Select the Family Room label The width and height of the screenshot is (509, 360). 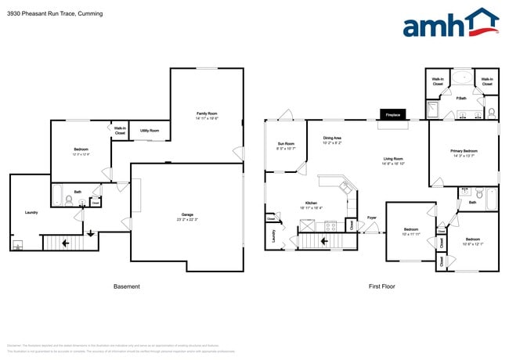click(x=207, y=114)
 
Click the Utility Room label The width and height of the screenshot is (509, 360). click(x=150, y=130)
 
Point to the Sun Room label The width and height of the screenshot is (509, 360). click(x=286, y=144)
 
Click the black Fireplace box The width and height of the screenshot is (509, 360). click(x=392, y=115)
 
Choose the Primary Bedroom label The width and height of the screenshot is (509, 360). click(x=464, y=150)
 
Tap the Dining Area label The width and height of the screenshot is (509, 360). click(x=332, y=139)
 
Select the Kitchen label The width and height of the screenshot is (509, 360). click(x=311, y=203)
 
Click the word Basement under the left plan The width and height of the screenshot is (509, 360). click(x=127, y=286)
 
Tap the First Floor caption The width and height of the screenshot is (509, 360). click(x=381, y=286)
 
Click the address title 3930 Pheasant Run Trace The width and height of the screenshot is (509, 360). click(x=47, y=14)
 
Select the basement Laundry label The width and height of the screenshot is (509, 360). click(x=31, y=212)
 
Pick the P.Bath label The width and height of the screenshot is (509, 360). click(x=462, y=98)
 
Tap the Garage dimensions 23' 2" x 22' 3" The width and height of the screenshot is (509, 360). click(x=187, y=219)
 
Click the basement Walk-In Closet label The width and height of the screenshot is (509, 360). click(x=120, y=131)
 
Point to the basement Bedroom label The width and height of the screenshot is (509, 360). click(x=81, y=149)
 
